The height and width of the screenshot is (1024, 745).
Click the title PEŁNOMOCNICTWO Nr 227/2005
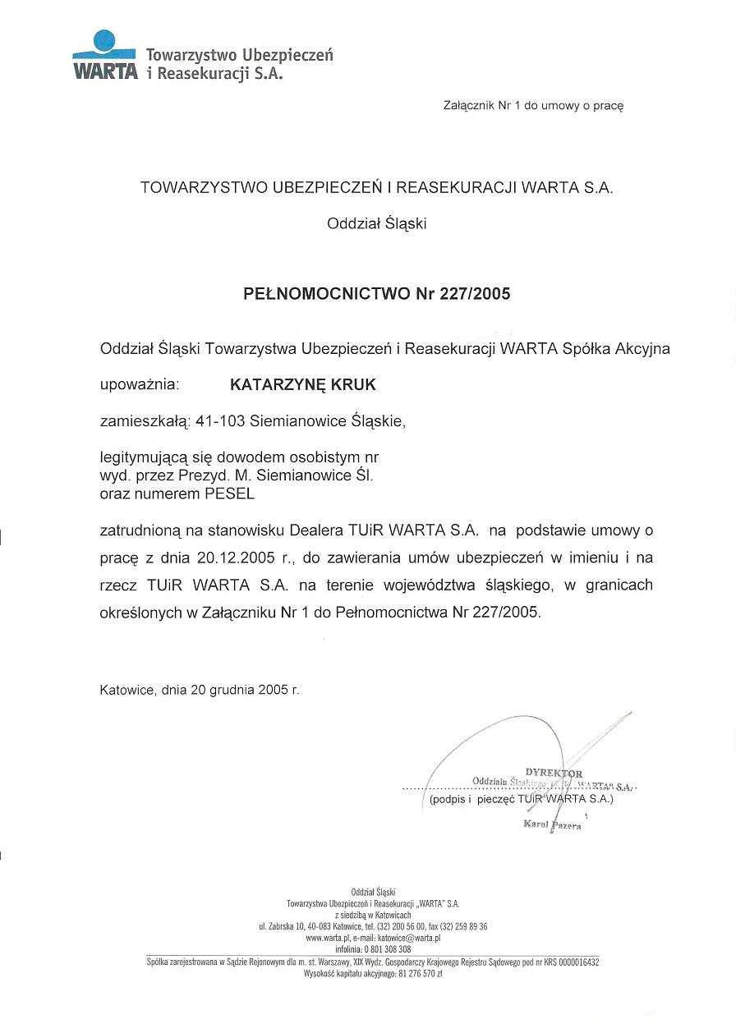click(377, 294)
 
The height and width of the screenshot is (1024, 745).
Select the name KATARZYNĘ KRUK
click(303, 383)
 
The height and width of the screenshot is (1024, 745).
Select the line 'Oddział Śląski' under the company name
click(376, 223)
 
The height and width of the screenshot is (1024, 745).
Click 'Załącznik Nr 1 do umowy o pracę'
click(533, 106)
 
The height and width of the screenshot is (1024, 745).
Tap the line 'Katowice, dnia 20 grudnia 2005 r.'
click(200, 690)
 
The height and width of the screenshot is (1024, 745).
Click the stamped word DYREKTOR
click(554, 773)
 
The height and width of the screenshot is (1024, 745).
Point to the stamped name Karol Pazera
click(552, 824)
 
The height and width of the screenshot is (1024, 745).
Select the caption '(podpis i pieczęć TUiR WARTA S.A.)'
click(522, 798)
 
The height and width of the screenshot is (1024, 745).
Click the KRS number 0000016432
click(577, 962)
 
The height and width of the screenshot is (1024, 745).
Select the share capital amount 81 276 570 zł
click(420, 973)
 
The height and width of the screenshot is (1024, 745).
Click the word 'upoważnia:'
click(138, 383)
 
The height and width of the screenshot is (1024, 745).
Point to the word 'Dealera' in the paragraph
click(324, 531)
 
